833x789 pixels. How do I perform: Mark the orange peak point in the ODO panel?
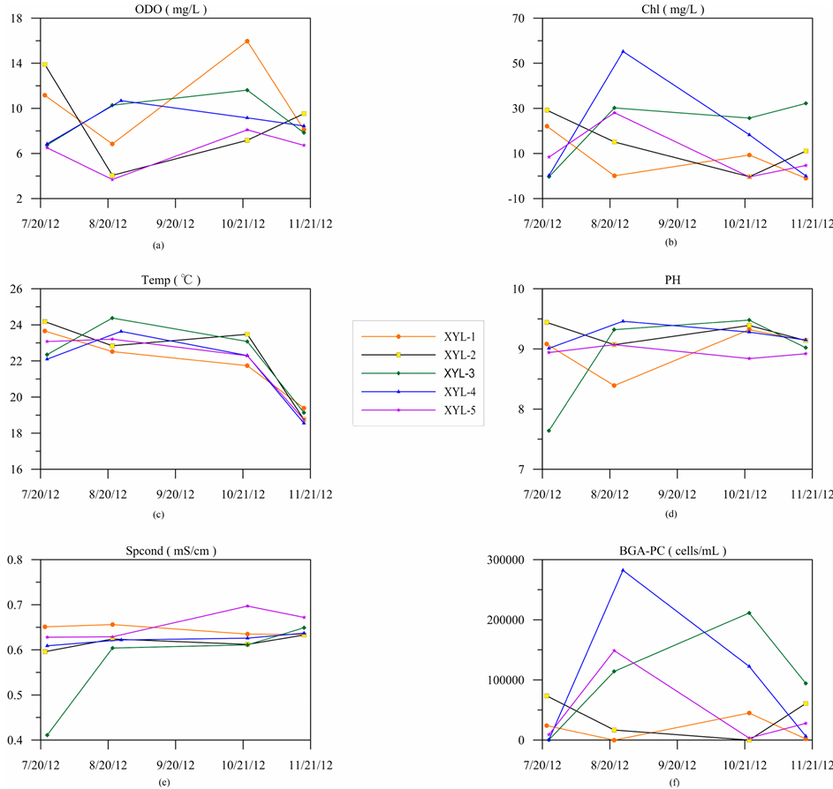tap(247, 41)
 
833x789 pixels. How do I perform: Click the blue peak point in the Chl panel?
tap(623, 51)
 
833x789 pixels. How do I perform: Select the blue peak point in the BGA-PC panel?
tap(623, 570)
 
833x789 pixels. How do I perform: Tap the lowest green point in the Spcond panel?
tap(46, 734)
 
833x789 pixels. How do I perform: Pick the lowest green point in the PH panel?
tap(548, 431)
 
